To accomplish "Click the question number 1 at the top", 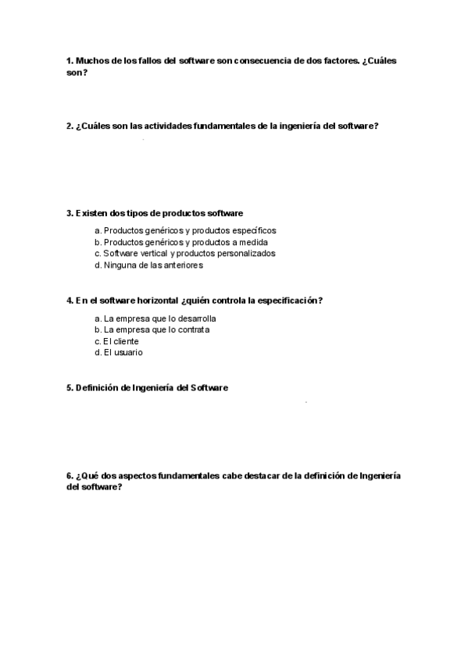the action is click(70, 61).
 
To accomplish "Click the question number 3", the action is click(70, 213).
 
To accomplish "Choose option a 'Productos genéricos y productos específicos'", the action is click(185, 230).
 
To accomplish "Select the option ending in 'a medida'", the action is click(180, 242).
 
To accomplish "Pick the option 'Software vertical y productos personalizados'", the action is click(184, 253).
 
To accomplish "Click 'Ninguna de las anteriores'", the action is click(148, 265).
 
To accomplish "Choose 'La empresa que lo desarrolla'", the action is click(155, 319).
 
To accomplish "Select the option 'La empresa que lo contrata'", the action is click(152, 329).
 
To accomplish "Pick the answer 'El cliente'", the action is click(116, 341).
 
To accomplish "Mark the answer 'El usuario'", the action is click(118, 352).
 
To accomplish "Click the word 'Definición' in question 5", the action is click(101, 388).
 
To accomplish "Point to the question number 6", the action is click(70, 475).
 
